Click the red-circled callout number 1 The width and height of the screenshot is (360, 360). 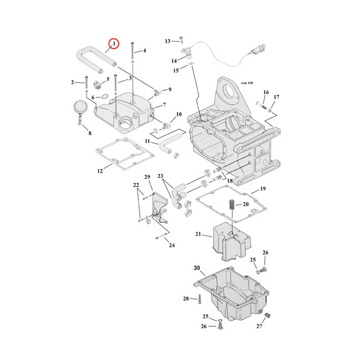tap(114, 43)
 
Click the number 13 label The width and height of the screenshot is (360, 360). tap(168, 41)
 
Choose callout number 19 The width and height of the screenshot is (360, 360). tap(263, 188)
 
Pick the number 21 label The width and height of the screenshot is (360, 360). tap(198, 234)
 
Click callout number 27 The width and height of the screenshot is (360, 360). tap(259, 326)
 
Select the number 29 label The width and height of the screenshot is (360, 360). tap(147, 177)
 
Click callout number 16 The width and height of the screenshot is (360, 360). tap(266, 92)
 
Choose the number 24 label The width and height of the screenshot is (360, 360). tap(172, 245)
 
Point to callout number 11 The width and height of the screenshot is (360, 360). tap(148, 141)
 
